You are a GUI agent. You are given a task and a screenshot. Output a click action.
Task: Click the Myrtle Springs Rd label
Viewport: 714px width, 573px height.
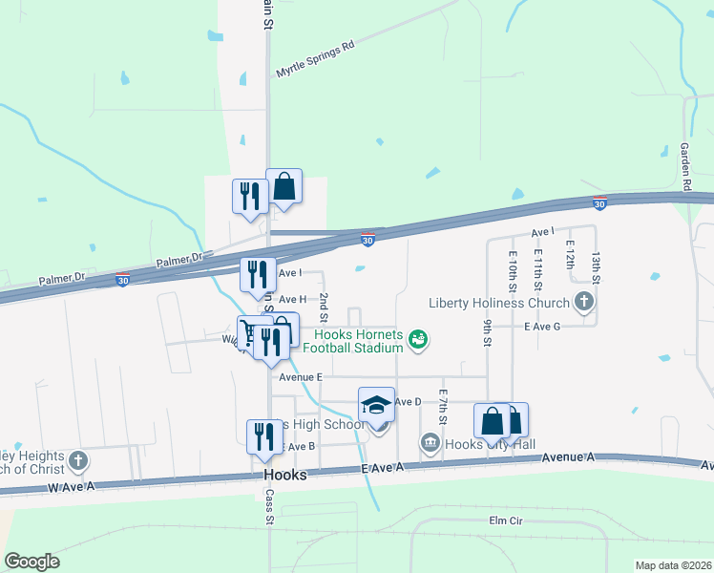click(315, 58)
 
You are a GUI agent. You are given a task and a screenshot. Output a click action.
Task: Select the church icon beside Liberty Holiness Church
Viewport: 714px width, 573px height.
click(584, 304)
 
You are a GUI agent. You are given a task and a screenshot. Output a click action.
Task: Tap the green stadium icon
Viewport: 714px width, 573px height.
click(417, 338)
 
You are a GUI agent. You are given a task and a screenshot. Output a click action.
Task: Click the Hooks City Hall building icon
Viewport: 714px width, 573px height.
click(430, 443)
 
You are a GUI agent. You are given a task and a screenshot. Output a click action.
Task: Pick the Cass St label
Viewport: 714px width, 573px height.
click(270, 510)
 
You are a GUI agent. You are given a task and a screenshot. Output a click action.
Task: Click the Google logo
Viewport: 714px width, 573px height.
click(31, 562)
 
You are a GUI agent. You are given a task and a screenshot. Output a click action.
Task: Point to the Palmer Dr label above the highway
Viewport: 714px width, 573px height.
click(179, 258)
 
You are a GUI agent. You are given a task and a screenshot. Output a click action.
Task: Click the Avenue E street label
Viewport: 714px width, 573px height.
click(298, 377)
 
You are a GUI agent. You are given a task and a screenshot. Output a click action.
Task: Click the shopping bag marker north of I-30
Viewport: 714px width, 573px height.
click(284, 186)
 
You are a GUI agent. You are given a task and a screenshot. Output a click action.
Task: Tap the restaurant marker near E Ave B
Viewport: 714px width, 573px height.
click(263, 436)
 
